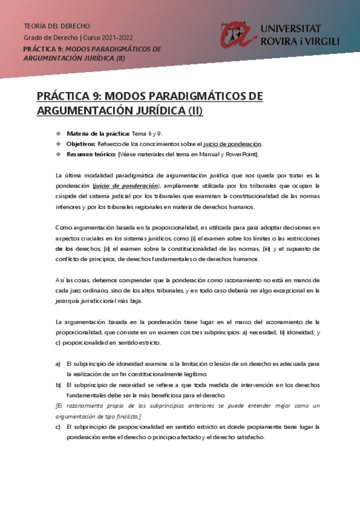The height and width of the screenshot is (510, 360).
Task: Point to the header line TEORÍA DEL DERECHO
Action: (56, 26)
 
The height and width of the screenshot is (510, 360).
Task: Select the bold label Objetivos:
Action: (81, 144)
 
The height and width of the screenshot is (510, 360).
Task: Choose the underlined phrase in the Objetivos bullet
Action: (233, 144)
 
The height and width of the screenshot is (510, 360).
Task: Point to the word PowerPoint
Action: (241, 155)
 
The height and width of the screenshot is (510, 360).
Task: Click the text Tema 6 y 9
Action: (147, 133)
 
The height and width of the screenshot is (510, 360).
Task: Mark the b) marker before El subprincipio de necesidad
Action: (58, 385)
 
